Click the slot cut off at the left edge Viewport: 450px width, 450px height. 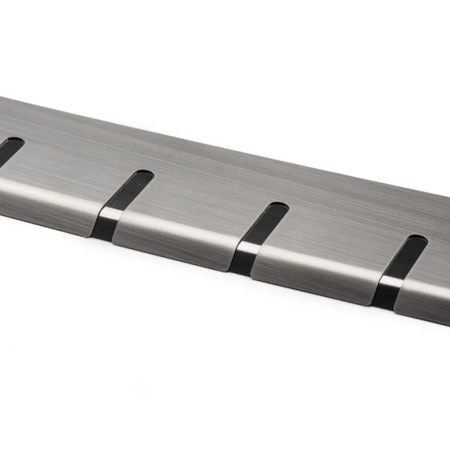click(9, 148)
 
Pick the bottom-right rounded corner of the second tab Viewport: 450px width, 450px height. click(227, 269)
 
